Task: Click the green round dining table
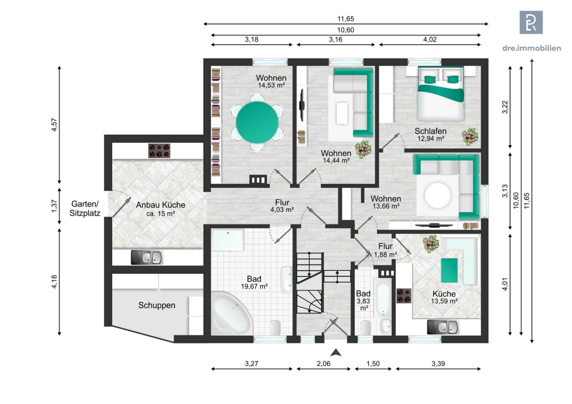(257, 123)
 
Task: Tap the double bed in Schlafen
(441, 97)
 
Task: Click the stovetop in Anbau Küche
(159, 151)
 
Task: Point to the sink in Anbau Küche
(147, 257)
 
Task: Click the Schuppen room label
(156, 305)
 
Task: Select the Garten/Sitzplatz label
(85, 209)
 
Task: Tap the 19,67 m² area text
(254, 287)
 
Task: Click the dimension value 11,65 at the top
(345, 19)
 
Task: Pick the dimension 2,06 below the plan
(323, 363)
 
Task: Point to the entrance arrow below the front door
(336, 352)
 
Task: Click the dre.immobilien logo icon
(531, 22)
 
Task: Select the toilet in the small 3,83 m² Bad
(366, 327)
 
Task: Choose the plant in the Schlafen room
(470, 137)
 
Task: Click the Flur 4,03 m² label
(282, 206)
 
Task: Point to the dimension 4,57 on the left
(55, 125)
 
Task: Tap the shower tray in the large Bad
(228, 239)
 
